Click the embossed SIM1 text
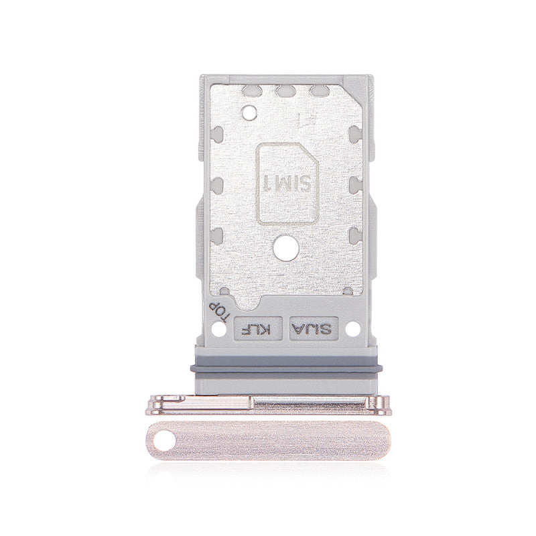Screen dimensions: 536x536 coord(288,182)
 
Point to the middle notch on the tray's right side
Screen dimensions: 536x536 coord(355,182)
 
